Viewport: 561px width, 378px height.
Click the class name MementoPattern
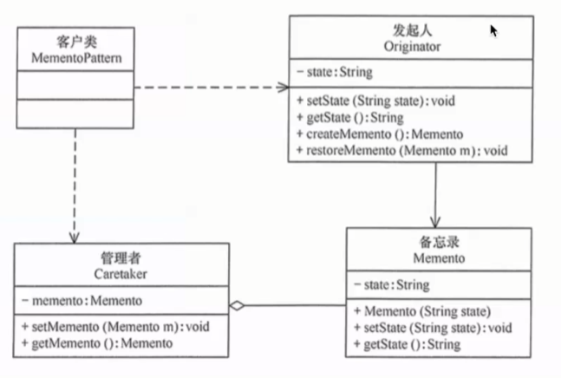(76, 58)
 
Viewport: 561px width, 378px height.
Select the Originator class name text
(412, 47)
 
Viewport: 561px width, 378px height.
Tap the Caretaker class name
(121, 274)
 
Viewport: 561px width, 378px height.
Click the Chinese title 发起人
(412, 30)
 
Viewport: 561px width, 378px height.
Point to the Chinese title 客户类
(76, 42)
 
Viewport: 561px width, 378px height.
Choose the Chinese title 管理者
(121, 257)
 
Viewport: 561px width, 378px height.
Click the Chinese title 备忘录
(439, 242)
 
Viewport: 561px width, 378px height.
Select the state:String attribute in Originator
(335, 72)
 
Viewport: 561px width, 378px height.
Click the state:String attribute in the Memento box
(392, 285)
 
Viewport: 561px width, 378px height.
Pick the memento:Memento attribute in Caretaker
(82, 301)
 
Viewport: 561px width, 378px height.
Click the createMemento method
(380, 134)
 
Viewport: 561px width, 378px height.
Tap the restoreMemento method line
(402, 151)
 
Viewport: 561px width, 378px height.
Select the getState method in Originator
(350, 118)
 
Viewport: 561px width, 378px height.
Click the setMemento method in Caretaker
(115, 327)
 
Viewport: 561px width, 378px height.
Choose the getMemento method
(97, 343)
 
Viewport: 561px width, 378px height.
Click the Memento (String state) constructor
(422, 311)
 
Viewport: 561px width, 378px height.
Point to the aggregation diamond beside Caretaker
(237, 306)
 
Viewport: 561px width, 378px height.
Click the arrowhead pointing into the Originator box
(283, 87)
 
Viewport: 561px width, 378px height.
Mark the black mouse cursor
(493, 30)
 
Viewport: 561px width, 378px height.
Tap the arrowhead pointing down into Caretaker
(74, 238)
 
